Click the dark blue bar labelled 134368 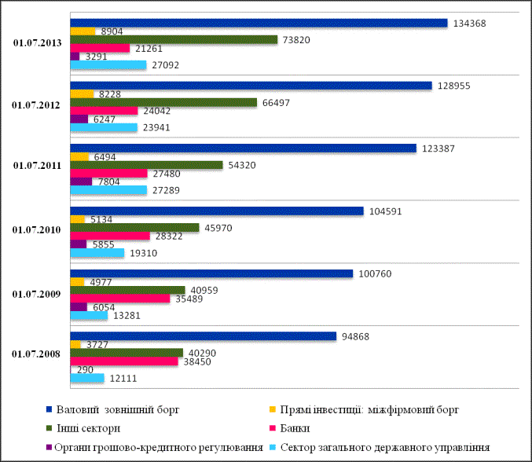pyautogui.click(x=259, y=23)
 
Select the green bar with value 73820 pyautogui.click(x=174, y=39)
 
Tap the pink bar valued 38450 pyautogui.click(x=124, y=361)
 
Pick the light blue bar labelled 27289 pyautogui.click(x=108, y=189)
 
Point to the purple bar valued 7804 pyautogui.click(x=81, y=181)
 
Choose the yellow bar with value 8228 pyautogui.click(x=82, y=93)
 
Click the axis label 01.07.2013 pyautogui.click(x=38, y=44)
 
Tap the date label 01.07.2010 pyautogui.click(x=38, y=231)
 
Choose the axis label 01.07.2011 pyautogui.click(x=38, y=167)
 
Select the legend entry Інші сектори pyautogui.click(x=89, y=428)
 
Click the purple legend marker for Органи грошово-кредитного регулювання pyautogui.click(x=50, y=448)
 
